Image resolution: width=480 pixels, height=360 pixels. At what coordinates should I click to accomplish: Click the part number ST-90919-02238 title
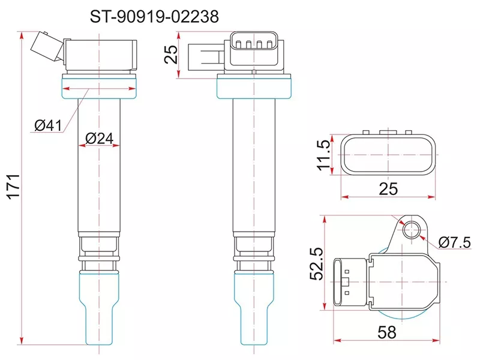click(x=154, y=17)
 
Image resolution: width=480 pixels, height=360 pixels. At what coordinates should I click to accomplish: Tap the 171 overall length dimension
click(x=14, y=187)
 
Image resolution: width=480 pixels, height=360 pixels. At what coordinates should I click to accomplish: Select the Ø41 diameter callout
click(x=48, y=125)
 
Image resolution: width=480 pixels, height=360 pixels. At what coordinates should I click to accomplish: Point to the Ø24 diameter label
click(x=99, y=139)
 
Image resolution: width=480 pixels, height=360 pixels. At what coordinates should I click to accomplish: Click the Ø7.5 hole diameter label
click(x=454, y=242)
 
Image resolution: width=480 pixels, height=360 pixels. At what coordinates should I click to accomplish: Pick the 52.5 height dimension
click(x=317, y=263)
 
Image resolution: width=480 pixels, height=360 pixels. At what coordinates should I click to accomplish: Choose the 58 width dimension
click(x=387, y=332)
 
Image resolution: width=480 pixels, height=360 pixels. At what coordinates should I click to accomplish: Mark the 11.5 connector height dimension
click(x=323, y=155)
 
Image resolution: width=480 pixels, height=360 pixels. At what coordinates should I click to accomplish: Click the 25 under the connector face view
click(x=388, y=189)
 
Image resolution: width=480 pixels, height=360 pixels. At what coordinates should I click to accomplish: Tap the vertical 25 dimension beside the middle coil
click(x=171, y=54)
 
